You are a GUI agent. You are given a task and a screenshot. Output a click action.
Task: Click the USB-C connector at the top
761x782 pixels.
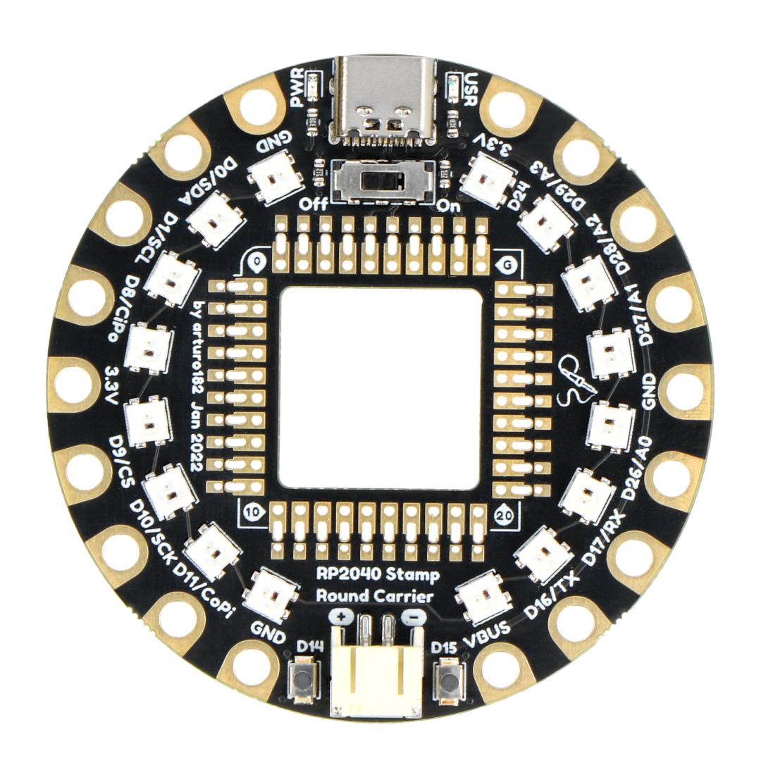[x=384, y=101]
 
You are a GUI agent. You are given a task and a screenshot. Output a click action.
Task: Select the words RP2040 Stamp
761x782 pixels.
[x=378, y=575]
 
